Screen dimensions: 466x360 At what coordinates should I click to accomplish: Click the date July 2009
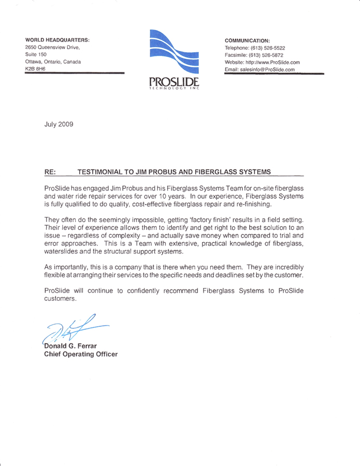click(59, 124)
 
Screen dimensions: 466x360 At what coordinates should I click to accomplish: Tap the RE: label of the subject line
click(51, 171)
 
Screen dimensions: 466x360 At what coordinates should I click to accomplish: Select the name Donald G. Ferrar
click(72, 346)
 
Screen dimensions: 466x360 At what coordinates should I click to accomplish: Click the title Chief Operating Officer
click(81, 354)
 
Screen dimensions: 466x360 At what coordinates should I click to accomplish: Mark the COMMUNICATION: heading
click(247, 40)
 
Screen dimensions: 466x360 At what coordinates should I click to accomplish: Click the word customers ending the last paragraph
click(60, 299)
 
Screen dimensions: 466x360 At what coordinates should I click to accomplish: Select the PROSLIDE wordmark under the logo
click(174, 82)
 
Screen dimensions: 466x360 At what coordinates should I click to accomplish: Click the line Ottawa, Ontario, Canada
click(53, 62)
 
